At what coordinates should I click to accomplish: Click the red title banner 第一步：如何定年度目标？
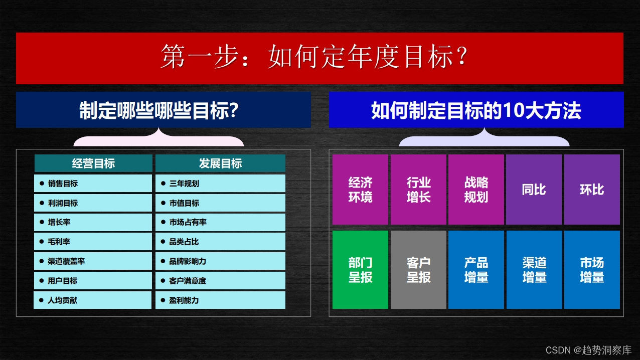pos(319,58)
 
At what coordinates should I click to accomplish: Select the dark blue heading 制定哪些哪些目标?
pos(164,110)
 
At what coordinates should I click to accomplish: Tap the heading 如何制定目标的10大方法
pos(476,110)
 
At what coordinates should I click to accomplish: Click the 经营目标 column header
pos(93,163)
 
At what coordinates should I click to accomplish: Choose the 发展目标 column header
pos(220,163)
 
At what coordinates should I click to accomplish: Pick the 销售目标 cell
pos(93,184)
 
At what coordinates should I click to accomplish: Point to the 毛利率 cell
pos(93,242)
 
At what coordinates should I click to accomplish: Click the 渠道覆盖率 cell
pos(93,261)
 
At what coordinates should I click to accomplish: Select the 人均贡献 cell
pos(93,300)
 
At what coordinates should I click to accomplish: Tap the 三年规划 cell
pos(220,184)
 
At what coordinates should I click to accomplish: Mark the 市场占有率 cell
pos(220,222)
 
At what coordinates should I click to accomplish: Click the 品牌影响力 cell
pos(220,261)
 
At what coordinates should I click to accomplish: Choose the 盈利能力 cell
pos(220,300)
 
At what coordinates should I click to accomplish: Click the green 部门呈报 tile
pos(360,270)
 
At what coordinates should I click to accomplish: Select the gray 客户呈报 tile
pos(418,270)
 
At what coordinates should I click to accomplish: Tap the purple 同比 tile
pos(534,190)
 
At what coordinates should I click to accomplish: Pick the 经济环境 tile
pos(360,190)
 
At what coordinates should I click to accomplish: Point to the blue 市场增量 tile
pos(592,270)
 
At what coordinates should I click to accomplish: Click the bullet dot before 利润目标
pos(42,203)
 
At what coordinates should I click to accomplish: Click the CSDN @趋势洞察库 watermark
pos(588,350)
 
